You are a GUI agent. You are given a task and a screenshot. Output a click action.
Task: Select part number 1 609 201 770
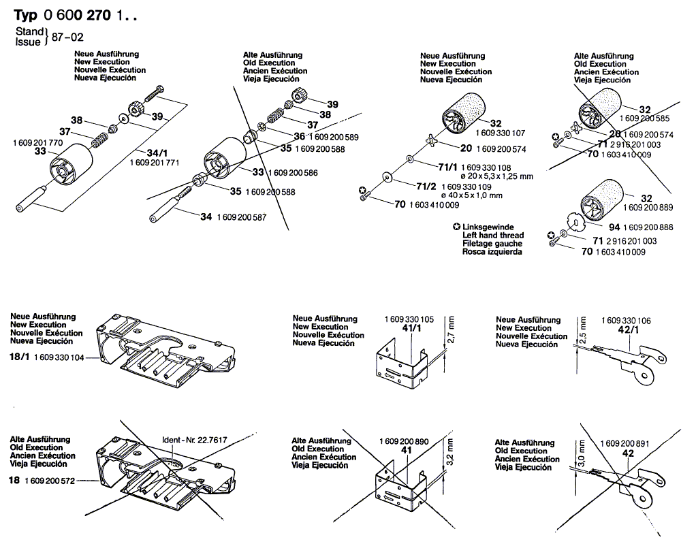[x=37, y=143]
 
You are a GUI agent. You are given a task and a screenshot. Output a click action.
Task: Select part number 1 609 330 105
[x=409, y=319]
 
